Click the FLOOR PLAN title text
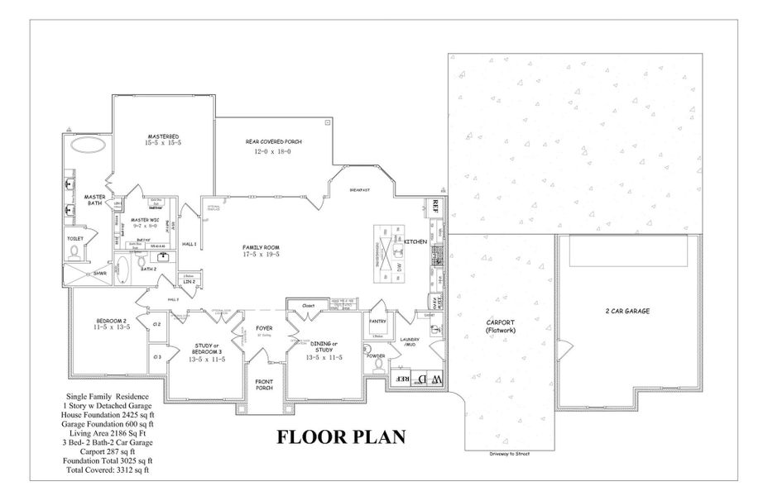click(340, 436)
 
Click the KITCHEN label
click(415, 241)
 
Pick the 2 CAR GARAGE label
click(626, 311)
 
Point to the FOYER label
click(264, 327)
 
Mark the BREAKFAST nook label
click(359, 189)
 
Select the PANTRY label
click(378, 321)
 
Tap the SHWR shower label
click(99, 274)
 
